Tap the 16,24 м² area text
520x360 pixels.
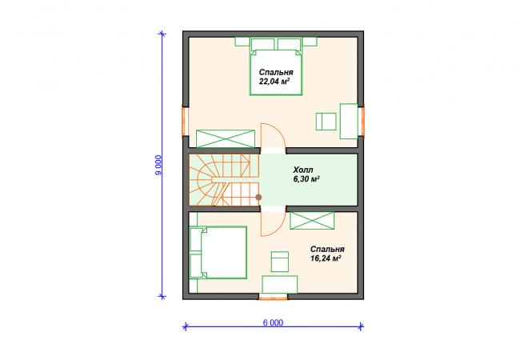click(x=326, y=258)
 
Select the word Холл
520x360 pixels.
click(x=302, y=170)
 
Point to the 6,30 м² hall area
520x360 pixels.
click(x=306, y=179)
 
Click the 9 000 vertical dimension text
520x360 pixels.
click(x=159, y=165)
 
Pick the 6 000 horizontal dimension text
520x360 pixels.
click(x=274, y=322)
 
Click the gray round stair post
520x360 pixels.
click(x=258, y=198)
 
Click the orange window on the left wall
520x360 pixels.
click(x=186, y=121)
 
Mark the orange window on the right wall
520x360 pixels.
click(x=361, y=120)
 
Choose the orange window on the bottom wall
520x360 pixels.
click(x=273, y=297)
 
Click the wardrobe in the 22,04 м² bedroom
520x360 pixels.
click(x=226, y=138)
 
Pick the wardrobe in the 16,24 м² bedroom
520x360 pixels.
click(x=312, y=221)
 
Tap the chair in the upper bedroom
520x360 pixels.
click(x=326, y=122)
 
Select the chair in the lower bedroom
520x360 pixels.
click(x=279, y=262)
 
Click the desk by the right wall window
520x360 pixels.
click(x=349, y=121)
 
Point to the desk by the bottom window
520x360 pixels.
click(x=279, y=285)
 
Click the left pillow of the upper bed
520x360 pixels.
click(x=262, y=44)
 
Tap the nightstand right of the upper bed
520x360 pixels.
click(x=310, y=41)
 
